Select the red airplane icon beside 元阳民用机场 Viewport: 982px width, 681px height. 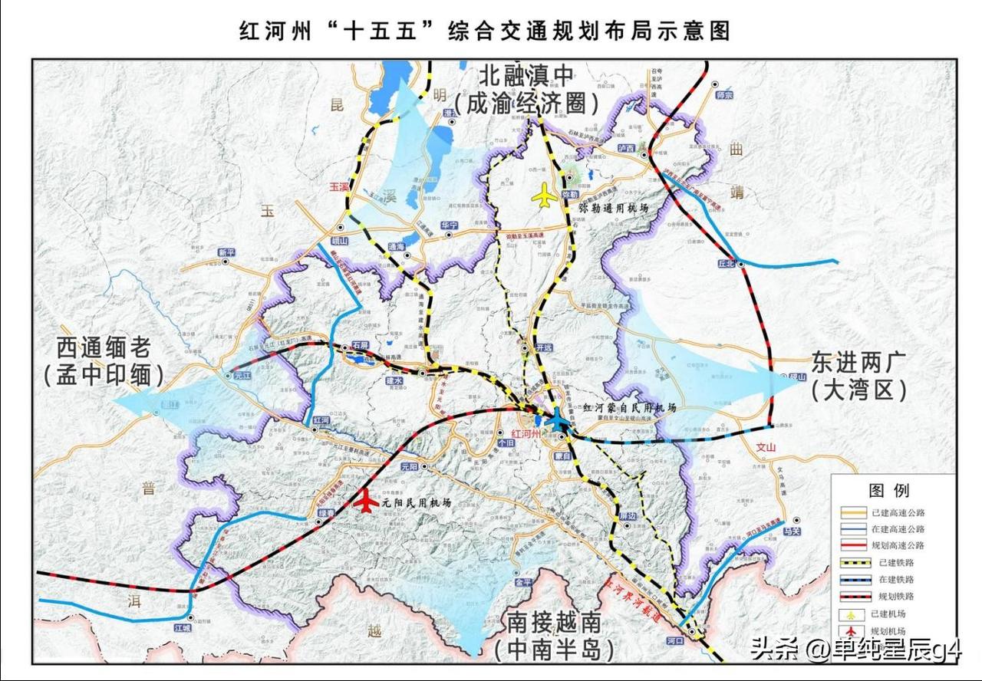(367, 502)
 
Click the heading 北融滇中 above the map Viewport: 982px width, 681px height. (526, 77)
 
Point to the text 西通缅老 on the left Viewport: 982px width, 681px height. (104, 348)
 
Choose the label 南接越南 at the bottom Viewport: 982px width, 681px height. (552, 623)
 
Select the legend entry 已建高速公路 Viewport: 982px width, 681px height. (898, 512)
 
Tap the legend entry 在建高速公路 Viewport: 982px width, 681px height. (898, 529)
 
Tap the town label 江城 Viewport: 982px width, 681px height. (181, 627)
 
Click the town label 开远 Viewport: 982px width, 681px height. (545, 347)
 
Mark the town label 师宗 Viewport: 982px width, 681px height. (723, 95)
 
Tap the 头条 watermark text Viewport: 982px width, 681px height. (773, 650)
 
